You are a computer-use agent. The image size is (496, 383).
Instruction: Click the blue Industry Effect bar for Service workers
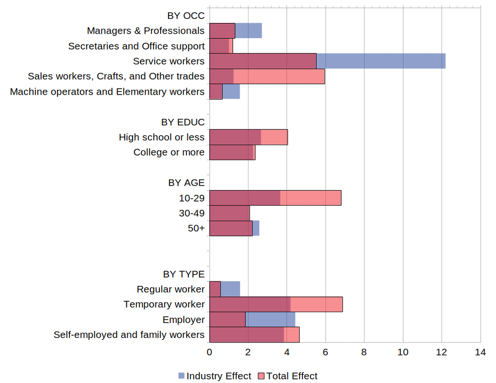point(381,61)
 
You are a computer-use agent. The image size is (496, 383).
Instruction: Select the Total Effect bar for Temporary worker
point(316,304)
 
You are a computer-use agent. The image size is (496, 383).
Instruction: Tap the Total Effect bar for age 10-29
point(310,198)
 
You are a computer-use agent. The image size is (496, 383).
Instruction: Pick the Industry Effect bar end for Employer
point(270,320)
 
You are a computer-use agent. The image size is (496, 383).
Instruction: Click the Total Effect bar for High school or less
point(274,137)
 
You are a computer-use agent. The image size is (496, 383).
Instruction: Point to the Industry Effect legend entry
point(214,376)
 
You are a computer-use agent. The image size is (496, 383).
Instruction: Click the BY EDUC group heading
point(183,122)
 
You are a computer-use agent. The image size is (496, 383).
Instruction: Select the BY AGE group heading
point(186,183)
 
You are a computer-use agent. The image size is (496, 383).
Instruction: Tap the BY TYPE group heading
point(184,274)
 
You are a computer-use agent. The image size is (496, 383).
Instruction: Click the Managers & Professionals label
point(145,31)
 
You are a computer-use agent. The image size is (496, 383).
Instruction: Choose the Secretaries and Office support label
point(136,46)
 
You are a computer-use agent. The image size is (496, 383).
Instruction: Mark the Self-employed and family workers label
point(129,335)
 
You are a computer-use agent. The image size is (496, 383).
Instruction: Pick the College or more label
point(169,152)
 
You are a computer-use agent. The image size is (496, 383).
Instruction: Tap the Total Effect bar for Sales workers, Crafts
point(279,76)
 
